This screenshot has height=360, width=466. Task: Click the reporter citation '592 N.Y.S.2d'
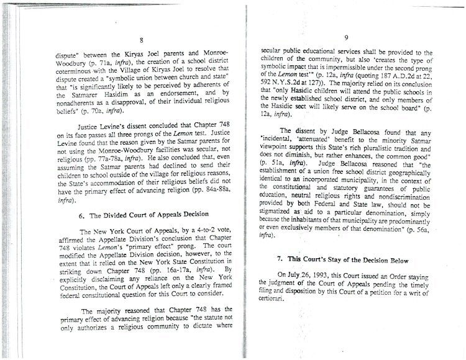[x=283, y=84]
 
